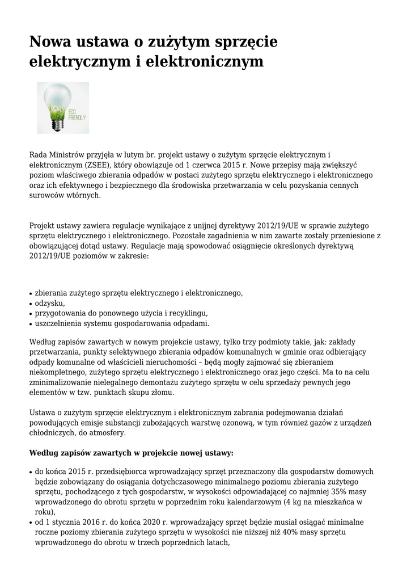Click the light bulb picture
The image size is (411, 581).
62,107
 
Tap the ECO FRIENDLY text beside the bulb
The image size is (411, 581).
77,114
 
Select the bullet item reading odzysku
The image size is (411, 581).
49,303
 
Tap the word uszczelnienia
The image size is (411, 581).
60,323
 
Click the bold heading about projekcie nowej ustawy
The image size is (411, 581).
130,453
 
